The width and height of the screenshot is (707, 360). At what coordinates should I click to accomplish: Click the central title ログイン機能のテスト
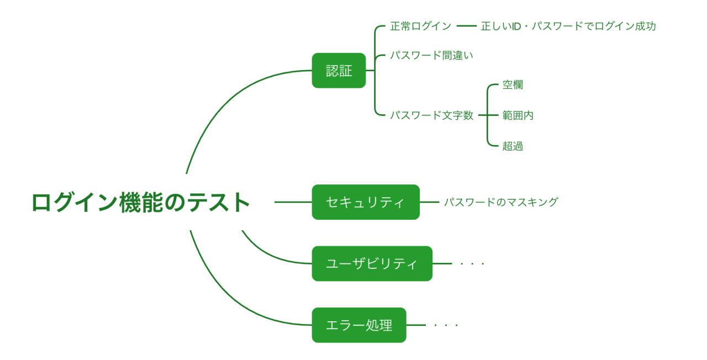click(141, 202)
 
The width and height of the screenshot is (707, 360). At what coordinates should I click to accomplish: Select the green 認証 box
click(339, 71)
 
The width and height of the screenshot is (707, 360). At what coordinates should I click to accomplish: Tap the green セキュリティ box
click(366, 202)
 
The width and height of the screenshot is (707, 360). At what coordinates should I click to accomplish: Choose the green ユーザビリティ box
click(372, 263)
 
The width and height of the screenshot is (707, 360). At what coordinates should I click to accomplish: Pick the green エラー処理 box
click(359, 325)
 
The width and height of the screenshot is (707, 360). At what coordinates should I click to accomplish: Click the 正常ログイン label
click(420, 26)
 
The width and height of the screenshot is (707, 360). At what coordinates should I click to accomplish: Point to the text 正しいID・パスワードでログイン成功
click(568, 26)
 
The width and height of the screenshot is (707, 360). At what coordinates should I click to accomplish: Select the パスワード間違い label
click(431, 55)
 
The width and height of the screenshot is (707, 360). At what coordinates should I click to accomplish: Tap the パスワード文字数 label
click(431, 115)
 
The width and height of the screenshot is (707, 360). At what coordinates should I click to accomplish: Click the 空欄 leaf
click(513, 84)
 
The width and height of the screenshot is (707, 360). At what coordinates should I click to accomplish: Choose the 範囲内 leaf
click(518, 115)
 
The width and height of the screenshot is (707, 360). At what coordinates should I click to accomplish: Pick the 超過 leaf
click(513, 146)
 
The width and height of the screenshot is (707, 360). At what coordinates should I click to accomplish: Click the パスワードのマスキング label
click(501, 202)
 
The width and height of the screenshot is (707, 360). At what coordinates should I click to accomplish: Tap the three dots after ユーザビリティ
click(472, 264)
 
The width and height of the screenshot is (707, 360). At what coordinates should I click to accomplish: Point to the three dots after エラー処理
click(446, 325)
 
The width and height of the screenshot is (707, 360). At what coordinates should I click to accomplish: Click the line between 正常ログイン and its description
click(466, 26)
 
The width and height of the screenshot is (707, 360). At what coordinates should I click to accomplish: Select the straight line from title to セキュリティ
click(293, 202)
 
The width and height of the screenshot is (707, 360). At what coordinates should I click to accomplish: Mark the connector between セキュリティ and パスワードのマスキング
click(429, 202)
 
